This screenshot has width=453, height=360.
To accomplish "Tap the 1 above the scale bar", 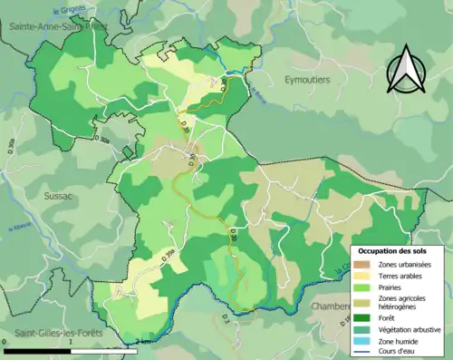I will coord(72,342).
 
